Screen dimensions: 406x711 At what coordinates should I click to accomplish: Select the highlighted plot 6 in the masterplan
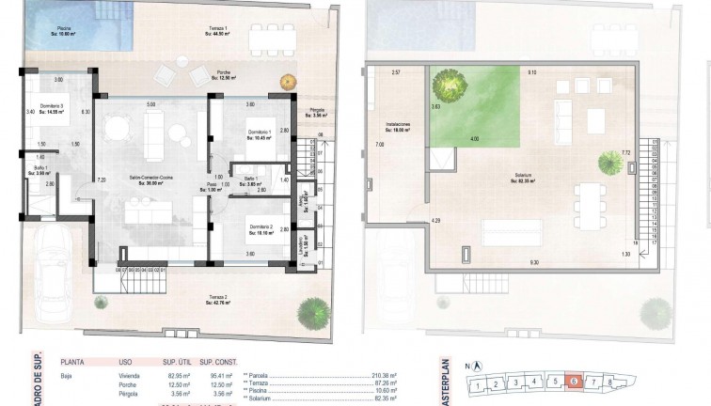click(x=576, y=383)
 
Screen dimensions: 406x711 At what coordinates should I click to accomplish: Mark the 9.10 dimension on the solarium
click(x=531, y=72)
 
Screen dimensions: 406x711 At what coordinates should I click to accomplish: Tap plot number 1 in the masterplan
click(x=481, y=385)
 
